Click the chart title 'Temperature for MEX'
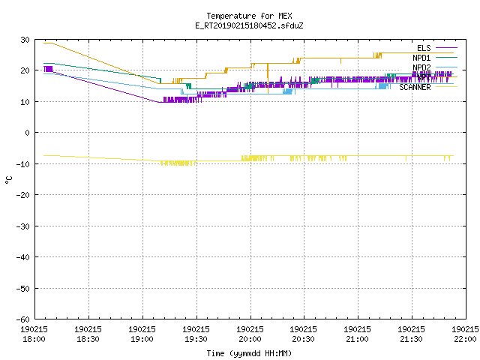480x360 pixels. pyautogui.click(x=249, y=16)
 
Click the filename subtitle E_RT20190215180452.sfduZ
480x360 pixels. pyautogui.click(x=249, y=25)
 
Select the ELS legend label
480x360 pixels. pyautogui.click(x=424, y=48)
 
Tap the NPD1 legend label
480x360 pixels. pyautogui.click(x=421, y=58)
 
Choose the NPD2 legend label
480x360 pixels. pyautogui.click(x=421, y=67)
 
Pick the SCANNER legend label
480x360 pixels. pyautogui.click(x=415, y=87)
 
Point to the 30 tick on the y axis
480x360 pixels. pyautogui.click(x=25, y=40)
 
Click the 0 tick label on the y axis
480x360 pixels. pyautogui.click(x=28, y=133)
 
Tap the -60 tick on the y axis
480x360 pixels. pyautogui.click(x=23, y=319)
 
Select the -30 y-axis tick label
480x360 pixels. pyautogui.click(x=23, y=226)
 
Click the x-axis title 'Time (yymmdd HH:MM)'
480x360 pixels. pyautogui.click(x=249, y=353)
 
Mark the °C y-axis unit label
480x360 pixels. pyautogui.click(x=9, y=180)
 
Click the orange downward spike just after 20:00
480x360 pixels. pyautogui.click(x=268, y=78)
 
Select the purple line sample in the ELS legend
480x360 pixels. pyautogui.click(x=446, y=48)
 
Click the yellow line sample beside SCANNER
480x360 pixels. pyautogui.click(x=446, y=87)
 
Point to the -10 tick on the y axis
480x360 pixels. pyautogui.click(x=23, y=164)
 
